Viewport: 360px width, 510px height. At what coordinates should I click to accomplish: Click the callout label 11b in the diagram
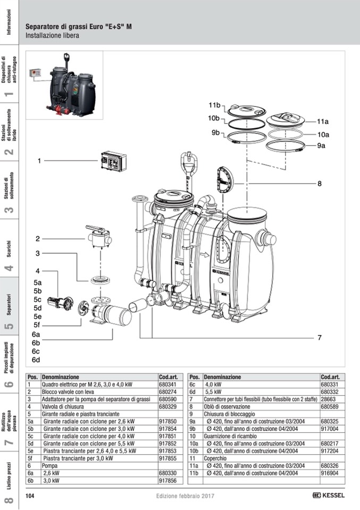coord(214,105)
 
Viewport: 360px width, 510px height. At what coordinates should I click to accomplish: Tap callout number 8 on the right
coord(320,184)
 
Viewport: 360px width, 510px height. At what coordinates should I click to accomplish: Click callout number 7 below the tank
coord(320,337)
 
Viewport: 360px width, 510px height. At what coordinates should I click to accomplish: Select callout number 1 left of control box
coord(38,160)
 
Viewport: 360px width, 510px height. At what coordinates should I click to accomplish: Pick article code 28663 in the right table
coord(328,399)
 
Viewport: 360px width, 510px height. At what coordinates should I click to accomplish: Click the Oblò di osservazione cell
coord(229,406)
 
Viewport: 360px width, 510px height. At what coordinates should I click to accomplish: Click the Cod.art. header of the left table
coord(168,377)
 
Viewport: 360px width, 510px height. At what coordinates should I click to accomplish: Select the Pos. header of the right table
coord(195,377)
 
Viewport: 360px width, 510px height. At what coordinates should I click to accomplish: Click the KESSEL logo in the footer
coord(329,496)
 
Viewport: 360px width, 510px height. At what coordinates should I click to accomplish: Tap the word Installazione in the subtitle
coord(42,36)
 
